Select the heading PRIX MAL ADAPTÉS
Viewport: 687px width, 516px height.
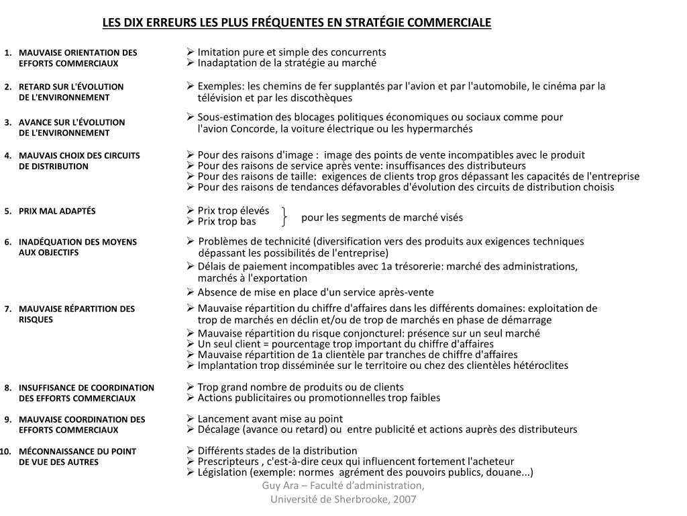click(x=57, y=211)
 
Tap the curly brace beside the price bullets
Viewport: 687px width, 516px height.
click(x=286, y=216)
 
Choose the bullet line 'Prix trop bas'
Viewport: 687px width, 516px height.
click(x=227, y=222)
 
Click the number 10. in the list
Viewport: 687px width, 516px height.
click(x=7, y=451)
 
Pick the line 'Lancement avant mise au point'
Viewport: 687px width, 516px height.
click(x=270, y=419)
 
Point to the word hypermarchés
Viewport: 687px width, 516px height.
click(x=441, y=128)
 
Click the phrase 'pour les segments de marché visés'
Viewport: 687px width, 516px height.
click(x=382, y=217)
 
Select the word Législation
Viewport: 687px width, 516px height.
click(x=223, y=472)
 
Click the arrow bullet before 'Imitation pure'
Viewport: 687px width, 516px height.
click(x=191, y=52)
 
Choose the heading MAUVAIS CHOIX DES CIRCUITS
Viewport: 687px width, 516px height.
click(x=79, y=155)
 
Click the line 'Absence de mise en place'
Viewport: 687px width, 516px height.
click(x=315, y=292)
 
